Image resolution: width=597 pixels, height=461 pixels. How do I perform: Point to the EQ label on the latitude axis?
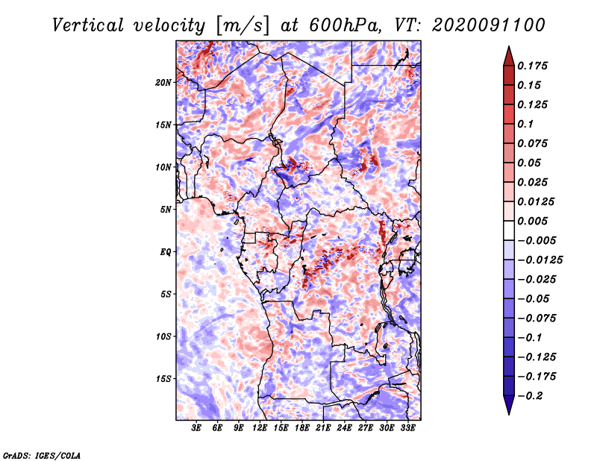(166, 252)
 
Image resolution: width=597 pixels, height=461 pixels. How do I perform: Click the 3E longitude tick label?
(197, 428)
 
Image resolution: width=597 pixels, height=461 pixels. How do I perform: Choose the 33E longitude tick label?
(407, 428)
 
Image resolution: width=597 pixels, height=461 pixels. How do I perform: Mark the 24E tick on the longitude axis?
(344, 428)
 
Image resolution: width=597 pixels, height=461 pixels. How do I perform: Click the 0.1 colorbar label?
(527, 124)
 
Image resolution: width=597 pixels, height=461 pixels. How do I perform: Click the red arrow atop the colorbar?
(508, 54)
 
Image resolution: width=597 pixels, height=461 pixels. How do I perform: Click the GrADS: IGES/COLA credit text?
(42, 454)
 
